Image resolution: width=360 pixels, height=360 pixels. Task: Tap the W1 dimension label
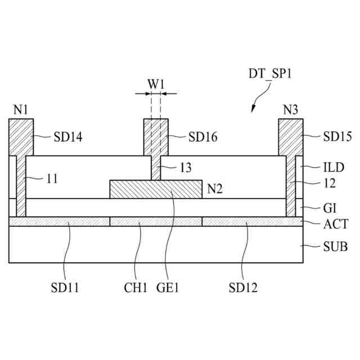pyautogui.click(x=156, y=83)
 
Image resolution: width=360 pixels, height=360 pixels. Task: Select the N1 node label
pyautogui.click(x=21, y=110)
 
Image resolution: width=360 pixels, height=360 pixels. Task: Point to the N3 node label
pyautogui.click(x=290, y=110)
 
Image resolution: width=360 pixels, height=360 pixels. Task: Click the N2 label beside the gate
pyautogui.click(x=215, y=189)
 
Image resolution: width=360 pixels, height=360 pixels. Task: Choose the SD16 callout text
pyautogui.click(x=203, y=136)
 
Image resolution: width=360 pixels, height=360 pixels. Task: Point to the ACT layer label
pyautogui.click(x=335, y=224)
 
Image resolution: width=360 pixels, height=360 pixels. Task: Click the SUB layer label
pyautogui.click(x=335, y=246)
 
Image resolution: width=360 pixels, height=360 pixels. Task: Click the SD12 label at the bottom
pyautogui.click(x=243, y=289)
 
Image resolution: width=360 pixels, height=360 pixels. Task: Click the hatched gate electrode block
pyautogui.click(x=156, y=189)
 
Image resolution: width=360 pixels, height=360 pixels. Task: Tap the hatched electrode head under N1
pyautogui.click(x=21, y=137)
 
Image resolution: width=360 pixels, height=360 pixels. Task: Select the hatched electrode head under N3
pyautogui.click(x=291, y=137)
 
